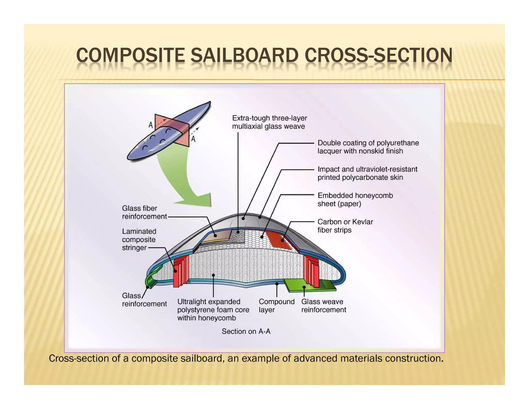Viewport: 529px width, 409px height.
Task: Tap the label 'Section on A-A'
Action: coord(246,331)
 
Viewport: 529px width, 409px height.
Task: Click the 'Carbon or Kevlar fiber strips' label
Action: coord(345,226)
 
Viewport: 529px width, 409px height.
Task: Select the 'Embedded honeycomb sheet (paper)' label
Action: coord(355,199)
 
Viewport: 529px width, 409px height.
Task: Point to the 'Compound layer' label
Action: coord(276,305)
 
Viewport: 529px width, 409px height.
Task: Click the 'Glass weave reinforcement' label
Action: coord(323,305)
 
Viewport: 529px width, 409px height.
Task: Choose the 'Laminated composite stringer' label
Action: coord(139,239)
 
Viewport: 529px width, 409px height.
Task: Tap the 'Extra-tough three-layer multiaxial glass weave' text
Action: coord(269,122)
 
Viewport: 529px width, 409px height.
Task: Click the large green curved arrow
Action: coord(181,181)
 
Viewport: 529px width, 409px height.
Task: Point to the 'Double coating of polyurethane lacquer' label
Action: coord(368,147)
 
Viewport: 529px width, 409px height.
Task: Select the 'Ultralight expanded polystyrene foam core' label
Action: coord(213,309)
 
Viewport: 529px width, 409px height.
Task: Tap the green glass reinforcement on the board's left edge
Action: coord(150,279)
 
